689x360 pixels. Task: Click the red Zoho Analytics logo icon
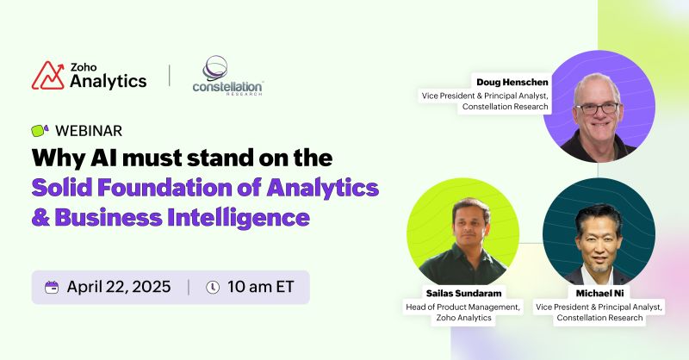point(48,75)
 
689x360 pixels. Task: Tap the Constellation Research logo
point(227,77)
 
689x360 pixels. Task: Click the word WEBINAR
point(88,131)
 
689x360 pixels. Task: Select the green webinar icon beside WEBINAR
point(40,131)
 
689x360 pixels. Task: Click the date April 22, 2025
point(119,287)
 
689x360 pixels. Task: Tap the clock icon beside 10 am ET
point(213,287)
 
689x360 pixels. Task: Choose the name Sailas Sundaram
point(451,294)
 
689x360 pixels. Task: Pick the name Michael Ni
point(599,294)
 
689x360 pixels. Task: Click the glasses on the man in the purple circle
point(597,108)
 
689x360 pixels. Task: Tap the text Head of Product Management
point(451,307)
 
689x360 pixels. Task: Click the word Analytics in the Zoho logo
point(108,81)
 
